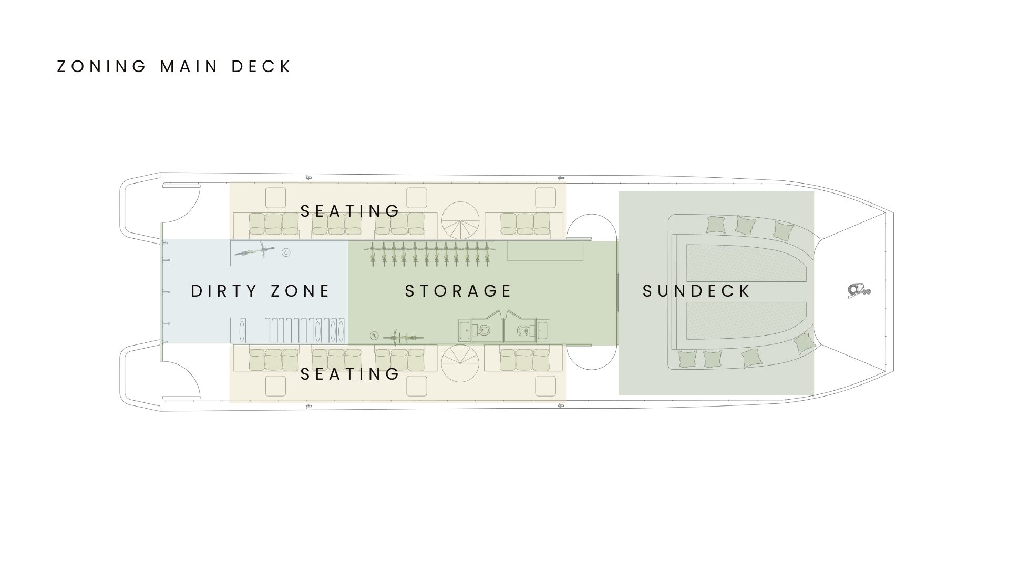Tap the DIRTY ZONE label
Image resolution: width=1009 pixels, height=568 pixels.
261,291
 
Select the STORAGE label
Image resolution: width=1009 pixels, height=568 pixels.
458,291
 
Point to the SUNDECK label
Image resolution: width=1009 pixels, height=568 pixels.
697,291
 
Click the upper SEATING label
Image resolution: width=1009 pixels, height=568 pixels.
350,211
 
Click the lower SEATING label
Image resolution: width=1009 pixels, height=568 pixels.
350,374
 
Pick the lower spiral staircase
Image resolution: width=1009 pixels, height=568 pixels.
460,363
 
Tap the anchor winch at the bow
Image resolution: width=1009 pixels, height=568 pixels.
858,291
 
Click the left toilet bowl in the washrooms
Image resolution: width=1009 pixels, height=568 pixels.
484,330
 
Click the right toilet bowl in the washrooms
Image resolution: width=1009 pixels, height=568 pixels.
523,330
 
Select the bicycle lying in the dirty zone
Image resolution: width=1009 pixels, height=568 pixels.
255,251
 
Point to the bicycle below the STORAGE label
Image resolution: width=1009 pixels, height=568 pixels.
403,337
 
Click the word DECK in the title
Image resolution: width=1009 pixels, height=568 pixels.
261,67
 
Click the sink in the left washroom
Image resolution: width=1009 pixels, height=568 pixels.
465,330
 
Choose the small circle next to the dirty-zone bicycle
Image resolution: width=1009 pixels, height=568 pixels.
286,252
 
